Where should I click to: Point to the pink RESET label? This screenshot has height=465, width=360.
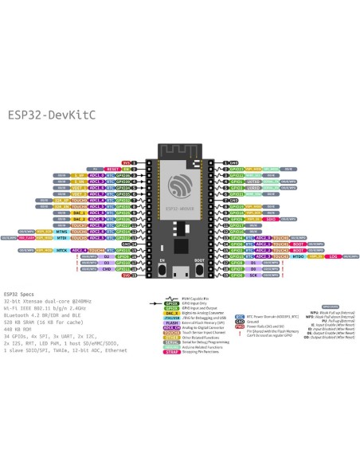point(112,169)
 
